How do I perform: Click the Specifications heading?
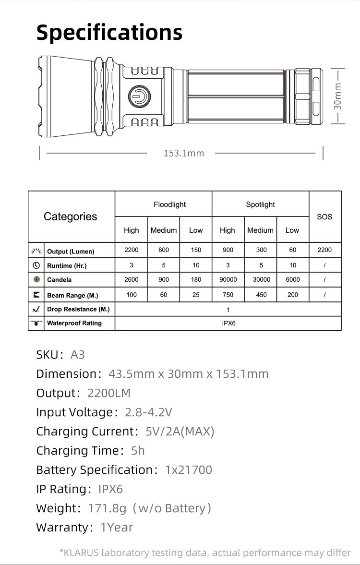[109, 33]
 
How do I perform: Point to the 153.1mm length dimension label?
[184, 153]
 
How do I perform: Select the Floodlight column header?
[169, 204]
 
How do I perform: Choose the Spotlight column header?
[260, 204]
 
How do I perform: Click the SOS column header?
[324, 217]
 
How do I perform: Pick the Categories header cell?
[70, 217]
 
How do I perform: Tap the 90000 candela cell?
[228, 279]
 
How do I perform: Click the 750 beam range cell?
[228, 295]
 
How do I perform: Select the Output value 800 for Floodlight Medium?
[164, 250]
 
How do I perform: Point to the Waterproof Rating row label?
[74, 323]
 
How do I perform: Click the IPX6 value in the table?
[228, 323]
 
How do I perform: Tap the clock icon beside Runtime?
[36, 265]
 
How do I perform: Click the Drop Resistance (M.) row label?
[78, 309]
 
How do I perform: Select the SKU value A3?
[78, 355]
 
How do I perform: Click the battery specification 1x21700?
[188, 470]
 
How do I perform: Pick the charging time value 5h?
[138, 451]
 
